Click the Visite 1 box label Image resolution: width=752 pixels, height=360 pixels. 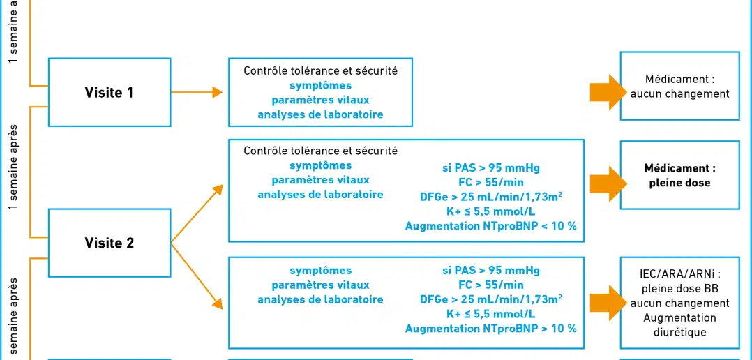click(110, 93)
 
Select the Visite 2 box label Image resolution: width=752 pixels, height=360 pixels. click(110, 243)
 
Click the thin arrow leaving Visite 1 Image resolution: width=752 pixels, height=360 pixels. click(197, 92)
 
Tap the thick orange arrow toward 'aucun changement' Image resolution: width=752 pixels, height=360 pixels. click(608, 92)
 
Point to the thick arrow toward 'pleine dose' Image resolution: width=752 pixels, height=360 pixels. click(608, 183)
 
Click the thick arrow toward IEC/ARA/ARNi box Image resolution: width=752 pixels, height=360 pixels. click(608, 303)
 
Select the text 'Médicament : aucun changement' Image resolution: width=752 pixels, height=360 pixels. click(679, 87)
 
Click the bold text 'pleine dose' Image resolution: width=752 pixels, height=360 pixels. click(679, 183)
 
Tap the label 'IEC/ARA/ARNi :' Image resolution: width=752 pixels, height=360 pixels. click(679, 273)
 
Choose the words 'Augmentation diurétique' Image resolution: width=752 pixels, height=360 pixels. click(679, 325)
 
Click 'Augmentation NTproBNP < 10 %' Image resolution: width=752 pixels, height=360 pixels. click(490, 226)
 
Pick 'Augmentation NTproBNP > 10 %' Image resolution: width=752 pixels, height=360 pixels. click(490, 329)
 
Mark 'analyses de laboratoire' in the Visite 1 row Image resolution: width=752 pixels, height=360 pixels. click(320, 114)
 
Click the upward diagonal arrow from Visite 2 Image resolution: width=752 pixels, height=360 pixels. click(197, 213)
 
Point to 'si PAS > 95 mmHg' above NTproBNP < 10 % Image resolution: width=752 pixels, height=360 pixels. click(490, 167)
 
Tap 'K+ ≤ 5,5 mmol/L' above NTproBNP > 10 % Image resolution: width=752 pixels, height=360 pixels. click(490, 314)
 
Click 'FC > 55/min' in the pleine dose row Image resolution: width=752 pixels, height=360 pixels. click(490, 182)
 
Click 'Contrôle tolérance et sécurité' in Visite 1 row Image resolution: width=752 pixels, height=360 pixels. click(320, 71)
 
